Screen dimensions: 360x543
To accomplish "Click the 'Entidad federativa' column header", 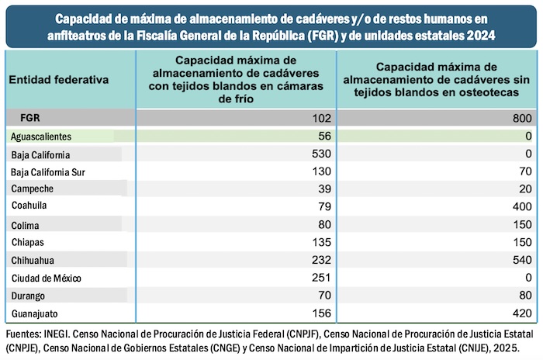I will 59,79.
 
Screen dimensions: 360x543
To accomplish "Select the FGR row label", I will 31,118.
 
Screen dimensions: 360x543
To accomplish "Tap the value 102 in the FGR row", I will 320,118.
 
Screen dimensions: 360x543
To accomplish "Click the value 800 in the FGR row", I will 522,118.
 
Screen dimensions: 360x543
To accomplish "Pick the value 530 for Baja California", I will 320,154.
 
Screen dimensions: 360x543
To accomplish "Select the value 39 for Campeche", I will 323,189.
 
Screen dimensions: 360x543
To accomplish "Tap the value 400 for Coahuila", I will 522,207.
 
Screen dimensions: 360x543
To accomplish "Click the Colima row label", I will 26,225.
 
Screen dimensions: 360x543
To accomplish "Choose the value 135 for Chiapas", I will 320,242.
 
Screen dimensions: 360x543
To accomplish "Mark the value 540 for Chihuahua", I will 522,260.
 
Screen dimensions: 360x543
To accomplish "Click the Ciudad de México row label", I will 47,278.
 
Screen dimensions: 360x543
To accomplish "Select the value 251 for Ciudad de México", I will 320,278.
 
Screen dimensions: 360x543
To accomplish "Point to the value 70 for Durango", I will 323,296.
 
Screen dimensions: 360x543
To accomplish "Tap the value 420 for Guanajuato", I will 522,313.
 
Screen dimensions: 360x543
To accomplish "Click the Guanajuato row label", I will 36,313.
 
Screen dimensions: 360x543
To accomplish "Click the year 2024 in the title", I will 479,36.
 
